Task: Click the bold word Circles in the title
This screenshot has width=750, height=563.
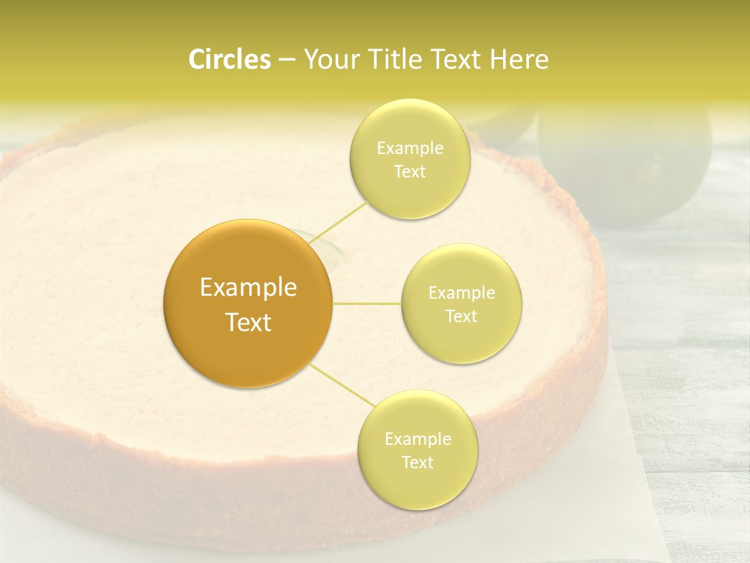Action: tap(229, 59)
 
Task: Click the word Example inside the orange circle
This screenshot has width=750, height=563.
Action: tap(248, 288)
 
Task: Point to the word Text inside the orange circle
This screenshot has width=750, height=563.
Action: tap(248, 322)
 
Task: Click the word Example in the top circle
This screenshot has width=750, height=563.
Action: tap(409, 149)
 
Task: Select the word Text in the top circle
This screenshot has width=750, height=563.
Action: tap(409, 172)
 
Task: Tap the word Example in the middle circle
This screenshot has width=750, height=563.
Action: tap(461, 293)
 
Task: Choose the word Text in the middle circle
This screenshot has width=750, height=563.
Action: tap(461, 317)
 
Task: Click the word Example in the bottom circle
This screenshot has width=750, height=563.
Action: tap(417, 439)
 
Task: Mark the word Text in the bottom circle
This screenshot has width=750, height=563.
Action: tap(417, 463)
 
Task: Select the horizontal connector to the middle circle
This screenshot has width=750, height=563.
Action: tap(367, 303)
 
